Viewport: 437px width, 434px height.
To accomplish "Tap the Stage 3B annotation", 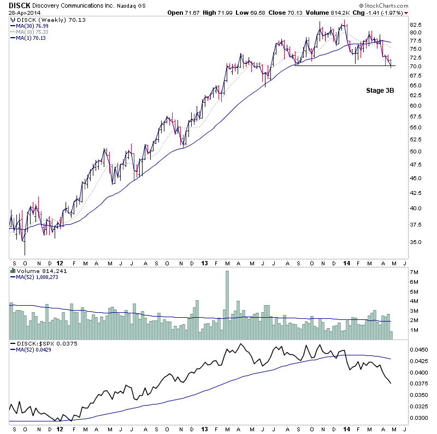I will click(379, 91).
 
